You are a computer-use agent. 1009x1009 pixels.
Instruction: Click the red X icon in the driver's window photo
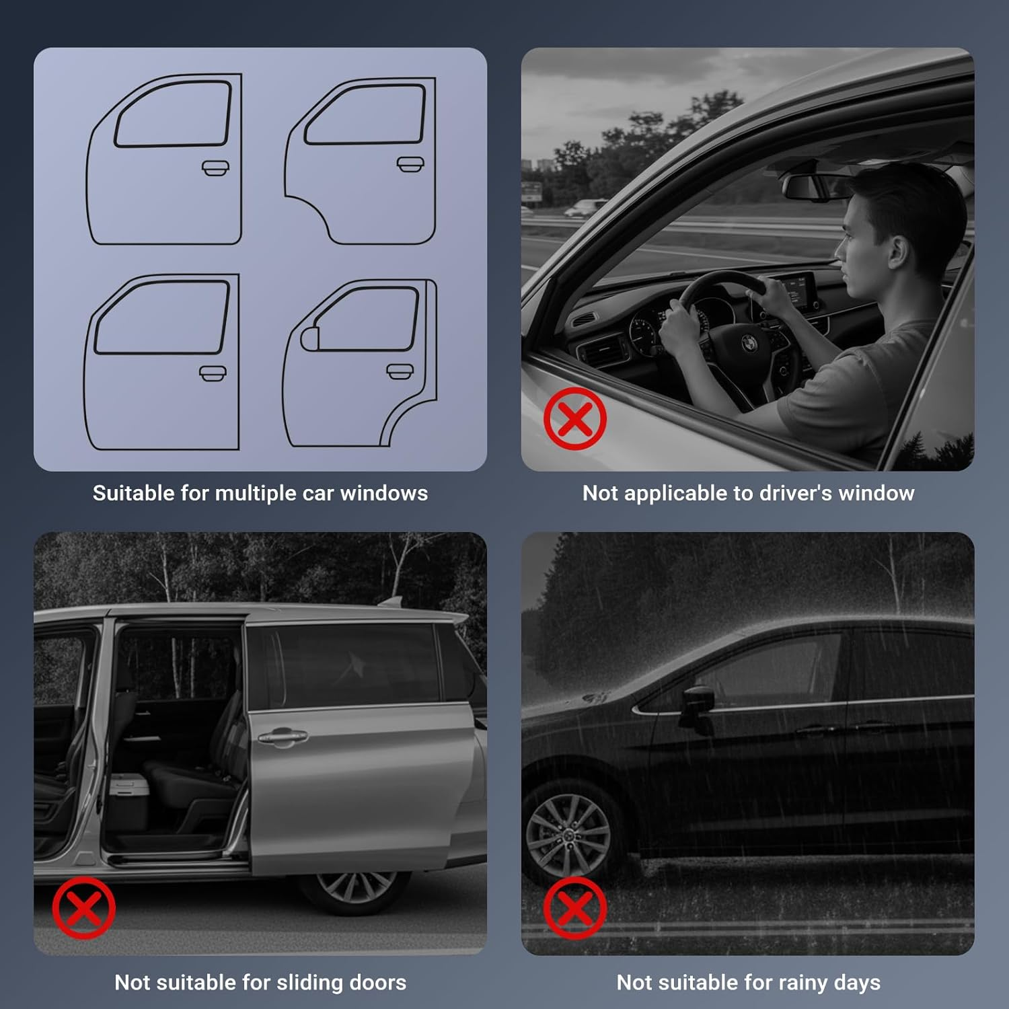pyautogui.click(x=575, y=418)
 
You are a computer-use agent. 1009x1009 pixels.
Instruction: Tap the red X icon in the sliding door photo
pyautogui.click(x=84, y=907)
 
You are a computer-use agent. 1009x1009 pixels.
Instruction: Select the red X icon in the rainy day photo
pyautogui.click(x=575, y=907)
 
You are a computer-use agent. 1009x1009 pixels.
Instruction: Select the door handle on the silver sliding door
pyautogui.click(x=283, y=738)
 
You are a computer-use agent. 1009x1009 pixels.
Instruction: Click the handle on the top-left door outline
pyautogui.click(x=215, y=167)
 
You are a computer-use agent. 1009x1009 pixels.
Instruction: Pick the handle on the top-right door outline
pyautogui.click(x=410, y=164)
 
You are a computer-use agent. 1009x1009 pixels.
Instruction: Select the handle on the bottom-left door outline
pyautogui.click(x=213, y=373)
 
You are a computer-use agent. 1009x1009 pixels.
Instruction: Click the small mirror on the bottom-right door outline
pyautogui.click(x=309, y=338)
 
